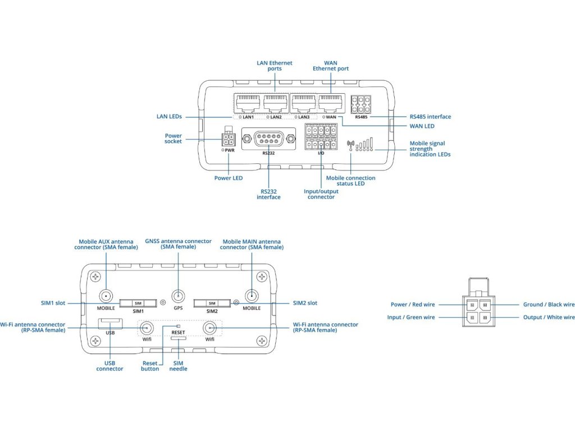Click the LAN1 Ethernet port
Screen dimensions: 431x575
click(247, 103)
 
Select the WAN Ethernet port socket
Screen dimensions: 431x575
click(330, 103)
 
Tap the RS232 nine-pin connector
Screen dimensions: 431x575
click(268, 137)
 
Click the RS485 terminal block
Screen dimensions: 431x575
click(360, 104)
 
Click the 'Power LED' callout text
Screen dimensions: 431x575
click(229, 178)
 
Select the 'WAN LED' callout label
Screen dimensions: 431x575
click(422, 126)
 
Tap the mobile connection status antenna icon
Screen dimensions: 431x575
click(351, 144)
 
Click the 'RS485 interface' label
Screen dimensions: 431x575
click(431, 117)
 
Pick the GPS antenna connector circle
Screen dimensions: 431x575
click(179, 296)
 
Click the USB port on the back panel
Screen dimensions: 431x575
click(109, 323)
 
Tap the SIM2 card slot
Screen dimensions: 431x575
click(212, 303)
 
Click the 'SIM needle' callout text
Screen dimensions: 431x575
click(179, 365)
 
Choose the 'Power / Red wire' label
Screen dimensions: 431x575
click(413, 305)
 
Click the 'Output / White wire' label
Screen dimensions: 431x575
click(549, 318)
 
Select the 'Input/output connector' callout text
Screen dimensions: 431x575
click(321, 194)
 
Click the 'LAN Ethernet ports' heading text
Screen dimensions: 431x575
click(275, 66)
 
